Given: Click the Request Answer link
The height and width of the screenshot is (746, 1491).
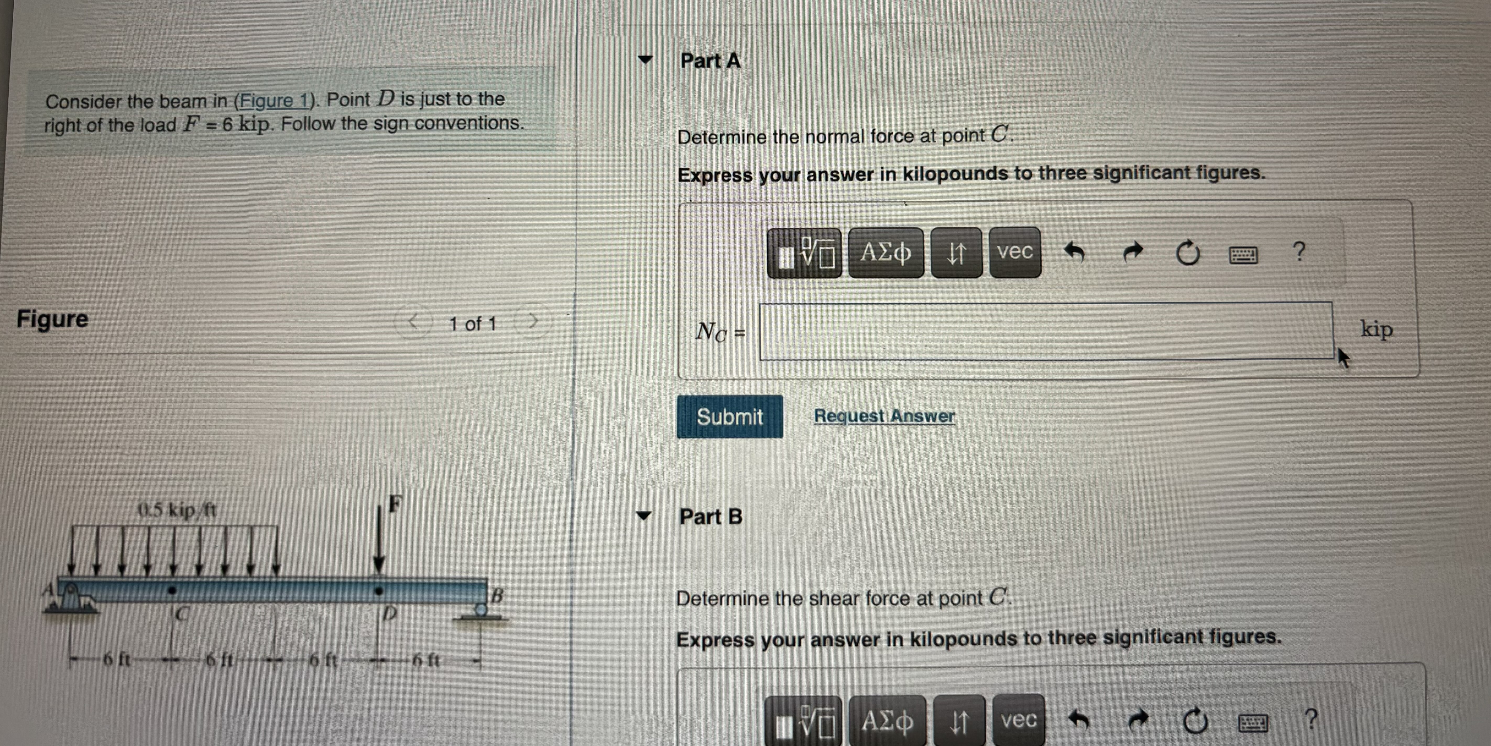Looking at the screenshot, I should (884, 415).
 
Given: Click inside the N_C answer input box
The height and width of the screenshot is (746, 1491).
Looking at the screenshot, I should (1045, 331).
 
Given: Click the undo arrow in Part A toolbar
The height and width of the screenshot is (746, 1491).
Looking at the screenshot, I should (1074, 252).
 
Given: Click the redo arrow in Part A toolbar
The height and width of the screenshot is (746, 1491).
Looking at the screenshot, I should (1133, 252).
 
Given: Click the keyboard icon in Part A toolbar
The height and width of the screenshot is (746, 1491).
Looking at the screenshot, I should (1243, 254).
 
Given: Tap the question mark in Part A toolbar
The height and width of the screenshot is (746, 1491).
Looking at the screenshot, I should (1299, 252).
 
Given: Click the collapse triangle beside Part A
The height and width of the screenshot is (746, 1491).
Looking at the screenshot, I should (645, 60).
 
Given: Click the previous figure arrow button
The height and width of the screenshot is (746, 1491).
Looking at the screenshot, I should (413, 322).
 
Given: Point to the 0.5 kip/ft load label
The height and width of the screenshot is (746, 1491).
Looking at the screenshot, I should (177, 510).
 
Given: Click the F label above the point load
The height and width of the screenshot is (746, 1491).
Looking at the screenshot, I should (395, 503).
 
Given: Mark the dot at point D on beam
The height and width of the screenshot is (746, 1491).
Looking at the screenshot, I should (379, 591).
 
